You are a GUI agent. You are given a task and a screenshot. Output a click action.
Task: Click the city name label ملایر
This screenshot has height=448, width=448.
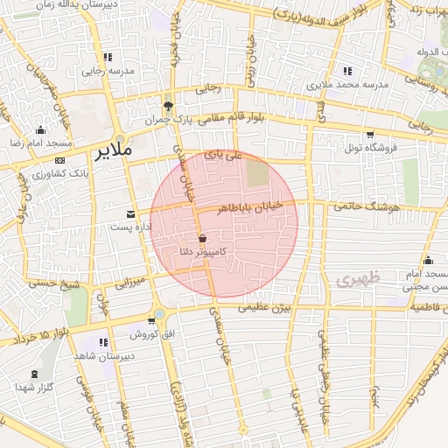[111, 150]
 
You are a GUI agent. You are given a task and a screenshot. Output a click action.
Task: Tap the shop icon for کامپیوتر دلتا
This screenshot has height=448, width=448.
[202, 238]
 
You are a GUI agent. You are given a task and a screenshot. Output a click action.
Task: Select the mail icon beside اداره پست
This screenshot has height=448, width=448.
[131, 214]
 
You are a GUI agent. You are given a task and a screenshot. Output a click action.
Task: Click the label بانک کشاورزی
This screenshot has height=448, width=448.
[45, 174]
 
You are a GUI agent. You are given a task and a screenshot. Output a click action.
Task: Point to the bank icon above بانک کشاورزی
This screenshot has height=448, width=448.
[59, 161]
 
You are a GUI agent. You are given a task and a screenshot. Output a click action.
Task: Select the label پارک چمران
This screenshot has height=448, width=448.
[167, 117]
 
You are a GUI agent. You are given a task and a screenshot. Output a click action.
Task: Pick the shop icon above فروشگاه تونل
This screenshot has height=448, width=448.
[370, 135]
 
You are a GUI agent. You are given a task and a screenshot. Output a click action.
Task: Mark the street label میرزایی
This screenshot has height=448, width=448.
[128, 283]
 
